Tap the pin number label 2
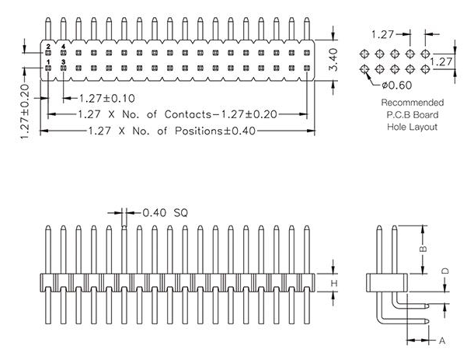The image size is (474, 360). coord(48,47)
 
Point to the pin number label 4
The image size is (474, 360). coord(63,47)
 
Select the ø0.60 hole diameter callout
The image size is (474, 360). coord(397,85)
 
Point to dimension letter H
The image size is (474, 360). coord(334,283)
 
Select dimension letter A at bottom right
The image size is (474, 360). coord(442,341)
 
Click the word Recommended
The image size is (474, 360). coord(413,102)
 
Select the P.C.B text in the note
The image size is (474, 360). coord(393,114)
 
